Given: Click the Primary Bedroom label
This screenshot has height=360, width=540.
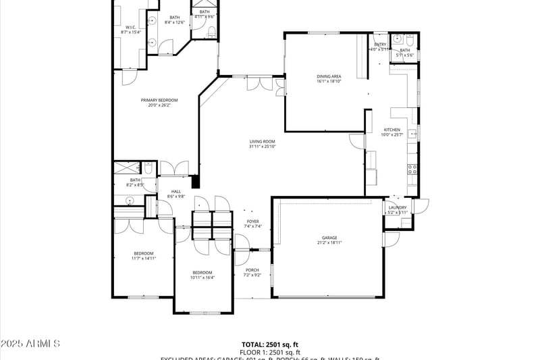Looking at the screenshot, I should (159, 100).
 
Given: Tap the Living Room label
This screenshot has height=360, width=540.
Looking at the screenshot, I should (262, 141).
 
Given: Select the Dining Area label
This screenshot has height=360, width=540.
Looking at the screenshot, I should (329, 76).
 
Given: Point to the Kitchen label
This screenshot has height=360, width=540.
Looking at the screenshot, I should (392, 130).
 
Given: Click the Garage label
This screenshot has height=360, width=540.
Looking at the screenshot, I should (329, 238).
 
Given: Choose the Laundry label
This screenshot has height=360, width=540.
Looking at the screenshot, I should (398, 207).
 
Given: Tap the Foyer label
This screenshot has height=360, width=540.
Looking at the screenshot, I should (252, 221).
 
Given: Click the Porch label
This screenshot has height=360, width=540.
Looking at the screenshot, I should (252, 270).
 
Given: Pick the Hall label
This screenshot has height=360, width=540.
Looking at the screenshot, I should (176, 191).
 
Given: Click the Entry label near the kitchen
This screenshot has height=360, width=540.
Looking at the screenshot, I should (380, 45).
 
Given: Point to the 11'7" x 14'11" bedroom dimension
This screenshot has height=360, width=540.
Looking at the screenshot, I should (144, 258).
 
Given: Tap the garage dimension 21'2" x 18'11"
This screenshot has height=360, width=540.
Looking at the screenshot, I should (329, 242).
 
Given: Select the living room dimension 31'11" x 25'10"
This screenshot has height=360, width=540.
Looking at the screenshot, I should (262, 146).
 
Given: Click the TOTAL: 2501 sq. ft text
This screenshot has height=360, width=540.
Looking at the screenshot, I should (270, 344).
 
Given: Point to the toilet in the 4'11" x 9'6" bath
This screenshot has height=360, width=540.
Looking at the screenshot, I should (211, 30).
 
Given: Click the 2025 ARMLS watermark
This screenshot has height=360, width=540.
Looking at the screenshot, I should (30, 344).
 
